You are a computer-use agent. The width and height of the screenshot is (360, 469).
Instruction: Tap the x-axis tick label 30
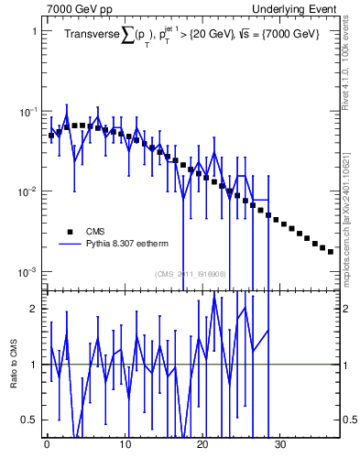coord(281,450)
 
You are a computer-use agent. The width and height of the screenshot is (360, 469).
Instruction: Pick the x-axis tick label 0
coord(47,450)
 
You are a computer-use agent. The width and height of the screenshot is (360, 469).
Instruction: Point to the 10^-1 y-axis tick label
coord(27,111)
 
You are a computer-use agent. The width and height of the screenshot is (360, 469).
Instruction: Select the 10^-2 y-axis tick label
coord(27,191)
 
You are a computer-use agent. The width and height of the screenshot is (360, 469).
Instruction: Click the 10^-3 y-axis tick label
coord(27,272)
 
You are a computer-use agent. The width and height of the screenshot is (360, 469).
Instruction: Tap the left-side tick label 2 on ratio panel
coord(32,309)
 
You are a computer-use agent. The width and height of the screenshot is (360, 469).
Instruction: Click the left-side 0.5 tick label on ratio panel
coord(28,420)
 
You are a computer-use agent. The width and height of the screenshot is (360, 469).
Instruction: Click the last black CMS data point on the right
coord(331,251)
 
